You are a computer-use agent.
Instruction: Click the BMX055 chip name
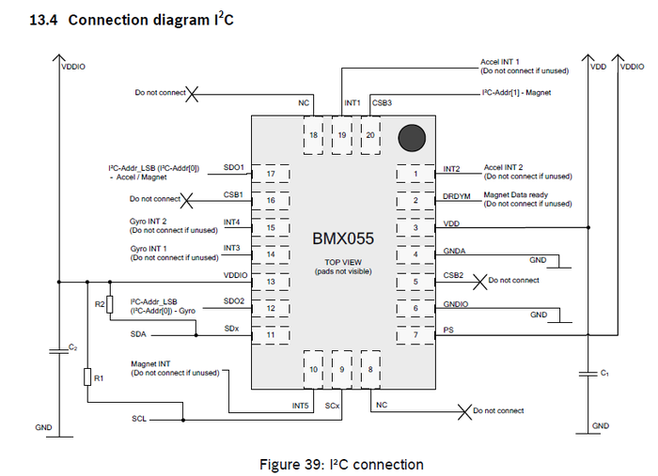(x=343, y=239)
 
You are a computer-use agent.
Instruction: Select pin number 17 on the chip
(x=270, y=174)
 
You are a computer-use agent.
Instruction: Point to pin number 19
(x=341, y=135)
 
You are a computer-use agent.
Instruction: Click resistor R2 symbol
(x=109, y=304)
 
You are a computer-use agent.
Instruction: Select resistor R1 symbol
(x=86, y=378)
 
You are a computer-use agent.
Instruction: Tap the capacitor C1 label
(x=604, y=373)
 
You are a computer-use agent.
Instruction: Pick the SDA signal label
(x=138, y=333)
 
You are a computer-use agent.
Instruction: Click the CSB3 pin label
(x=383, y=101)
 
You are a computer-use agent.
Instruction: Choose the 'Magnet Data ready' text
(x=515, y=194)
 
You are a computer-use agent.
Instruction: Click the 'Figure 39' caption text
(x=341, y=464)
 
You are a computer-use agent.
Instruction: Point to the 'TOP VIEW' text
(x=342, y=262)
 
